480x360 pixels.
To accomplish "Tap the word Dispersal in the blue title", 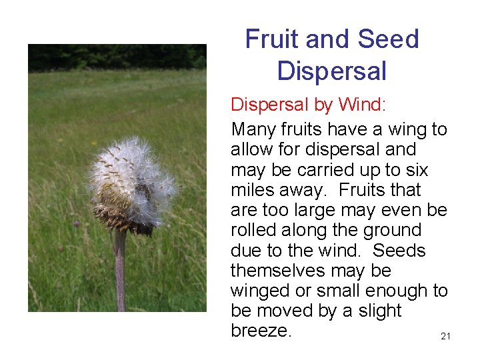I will pos(331,70).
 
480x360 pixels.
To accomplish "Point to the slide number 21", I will pos(445,337).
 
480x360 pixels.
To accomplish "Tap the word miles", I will pos(253,190).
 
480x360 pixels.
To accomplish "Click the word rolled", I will pos(253,230).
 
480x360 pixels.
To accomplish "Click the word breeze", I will pos(261,331).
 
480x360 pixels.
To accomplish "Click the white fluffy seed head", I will pos(133,173).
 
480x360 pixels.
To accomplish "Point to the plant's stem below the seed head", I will pos(120,273).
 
